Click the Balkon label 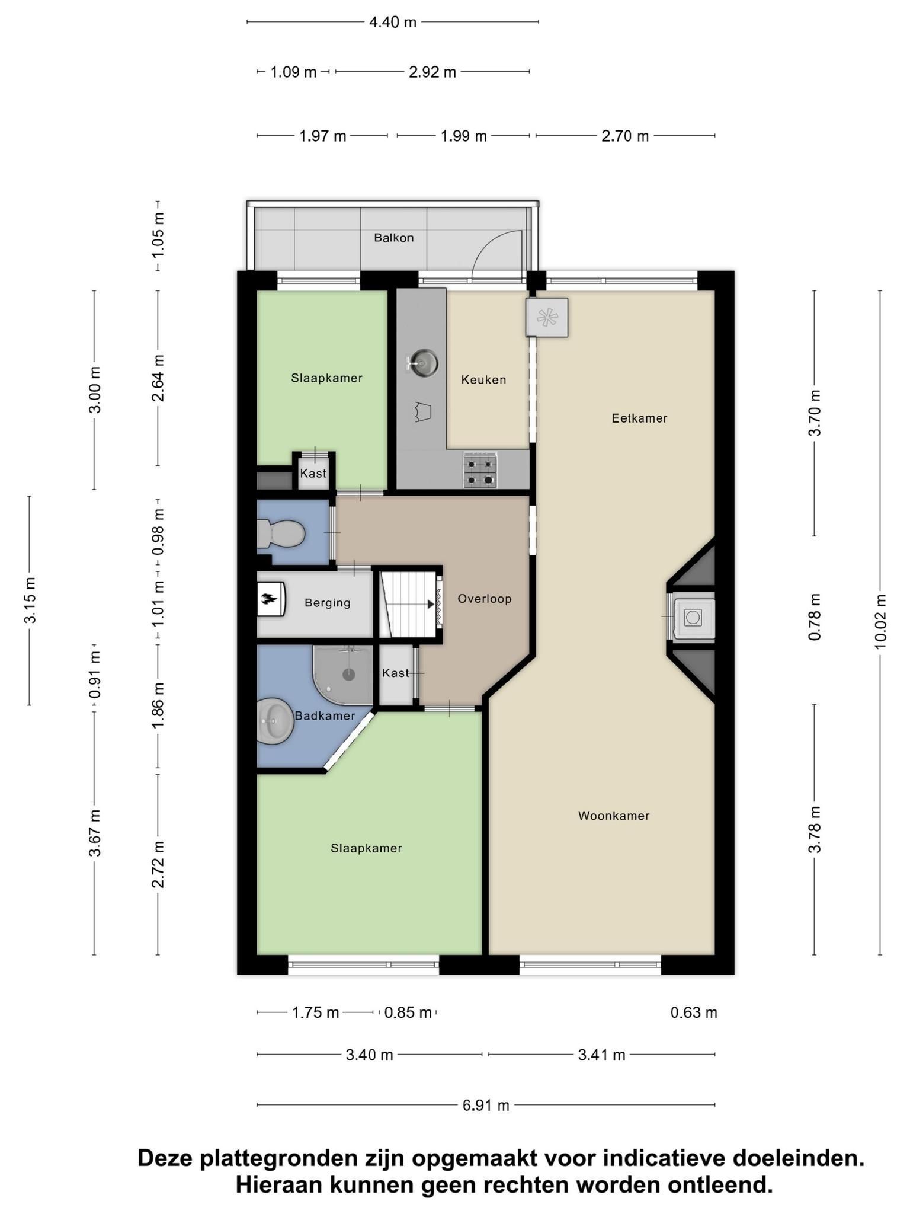click(393, 238)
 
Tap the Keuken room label click(483, 379)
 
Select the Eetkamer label click(639, 418)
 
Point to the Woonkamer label click(614, 816)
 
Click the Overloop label click(484, 599)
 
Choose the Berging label click(327, 603)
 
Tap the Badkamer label click(325, 715)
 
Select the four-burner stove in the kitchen click(480, 469)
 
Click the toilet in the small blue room click(280, 533)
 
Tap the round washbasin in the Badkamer click(275, 720)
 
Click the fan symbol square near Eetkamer click(547, 317)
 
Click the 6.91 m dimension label click(486, 1105)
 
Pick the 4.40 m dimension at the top click(393, 22)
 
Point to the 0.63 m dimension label click(694, 1012)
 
